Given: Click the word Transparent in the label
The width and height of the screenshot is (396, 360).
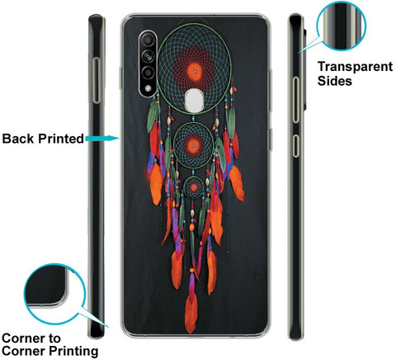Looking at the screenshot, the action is (355, 67).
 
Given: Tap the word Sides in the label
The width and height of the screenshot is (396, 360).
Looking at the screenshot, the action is (335, 81).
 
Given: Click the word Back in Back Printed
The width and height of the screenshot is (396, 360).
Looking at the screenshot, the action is (19, 139).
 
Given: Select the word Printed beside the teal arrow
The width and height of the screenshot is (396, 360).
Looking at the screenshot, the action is (61, 139).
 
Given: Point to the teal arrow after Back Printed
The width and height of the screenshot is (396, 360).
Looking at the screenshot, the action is (102, 138).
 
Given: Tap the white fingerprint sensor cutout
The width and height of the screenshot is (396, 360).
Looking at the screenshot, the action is (194, 100).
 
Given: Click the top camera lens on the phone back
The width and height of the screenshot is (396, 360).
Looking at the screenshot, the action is (148, 41).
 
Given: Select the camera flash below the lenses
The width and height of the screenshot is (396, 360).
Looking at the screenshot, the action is (148, 88).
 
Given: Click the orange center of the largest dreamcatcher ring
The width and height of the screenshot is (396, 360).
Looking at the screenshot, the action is (195, 72).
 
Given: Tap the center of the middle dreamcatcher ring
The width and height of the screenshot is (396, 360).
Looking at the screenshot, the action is (194, 145).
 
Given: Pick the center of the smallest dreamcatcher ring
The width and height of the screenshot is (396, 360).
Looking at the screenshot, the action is (194, 187).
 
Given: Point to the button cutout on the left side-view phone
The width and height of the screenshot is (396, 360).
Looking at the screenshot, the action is (97, 80).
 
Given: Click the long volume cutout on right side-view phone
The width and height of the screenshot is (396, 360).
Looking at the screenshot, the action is (295, 100).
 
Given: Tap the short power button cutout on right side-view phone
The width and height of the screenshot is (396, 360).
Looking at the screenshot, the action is (295, 146).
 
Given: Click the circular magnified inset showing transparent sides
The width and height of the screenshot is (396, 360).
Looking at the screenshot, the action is (341, 26).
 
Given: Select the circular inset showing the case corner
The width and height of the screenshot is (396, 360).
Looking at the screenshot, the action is (54, 294).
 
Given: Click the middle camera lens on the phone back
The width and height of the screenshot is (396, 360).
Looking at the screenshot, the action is (148, 56).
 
